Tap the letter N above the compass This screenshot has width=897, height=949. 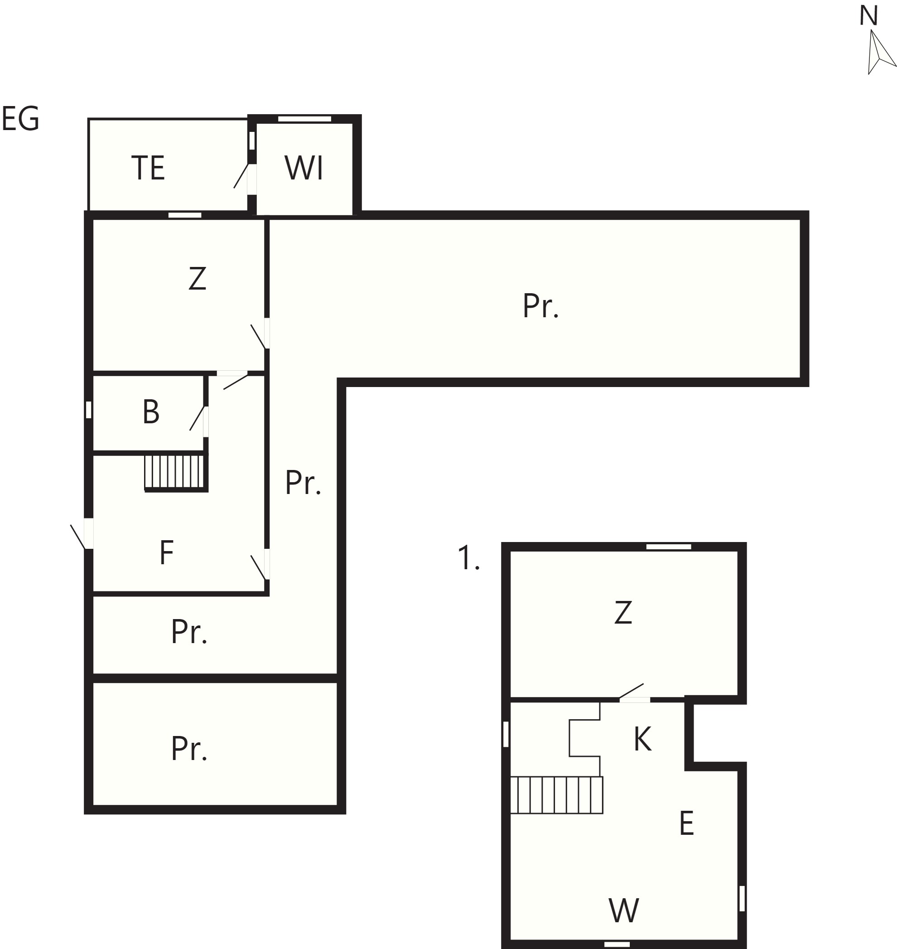click(x=868, y=16)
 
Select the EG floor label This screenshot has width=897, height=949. click(x=20, y=119)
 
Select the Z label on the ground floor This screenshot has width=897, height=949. click(x=198, y=278)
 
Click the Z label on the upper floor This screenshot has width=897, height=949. click(x=623, y=612)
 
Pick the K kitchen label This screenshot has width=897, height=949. click(x=643, y=739)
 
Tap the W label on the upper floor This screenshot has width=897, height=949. click(x=624, y=910)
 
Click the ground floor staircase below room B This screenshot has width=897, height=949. click(x=176, y=473)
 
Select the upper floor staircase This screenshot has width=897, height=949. click(x=557, y=794)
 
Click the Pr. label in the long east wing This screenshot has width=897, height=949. click(x=541, y=306)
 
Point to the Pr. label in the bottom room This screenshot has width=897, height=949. click(x=189, y=749)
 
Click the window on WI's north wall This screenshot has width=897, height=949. click(x=304, y=119)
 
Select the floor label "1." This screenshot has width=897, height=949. click(x=468, y=557)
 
